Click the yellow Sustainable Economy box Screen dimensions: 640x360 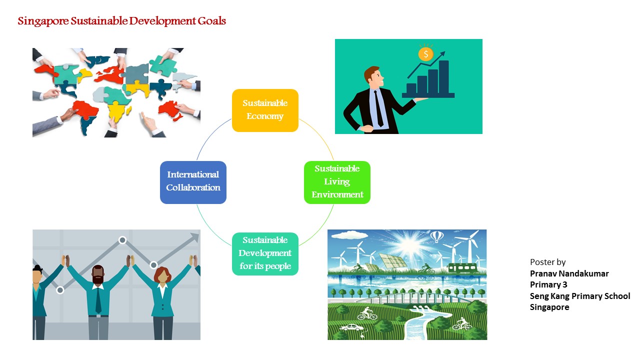(265, 110)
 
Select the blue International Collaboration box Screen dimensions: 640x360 (193, 182)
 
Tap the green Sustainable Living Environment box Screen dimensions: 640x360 (337, 182)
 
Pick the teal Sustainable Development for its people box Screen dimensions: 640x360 (265, 254)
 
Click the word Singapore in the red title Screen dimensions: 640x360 (43, 21)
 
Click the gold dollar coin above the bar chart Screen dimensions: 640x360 (425, 54)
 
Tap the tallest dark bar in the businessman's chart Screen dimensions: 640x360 (443, 77)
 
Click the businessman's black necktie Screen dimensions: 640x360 (378, 108)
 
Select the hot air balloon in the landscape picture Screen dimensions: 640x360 (437, 237)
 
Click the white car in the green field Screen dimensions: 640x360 (351, 327)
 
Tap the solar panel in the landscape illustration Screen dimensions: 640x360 (392, 261)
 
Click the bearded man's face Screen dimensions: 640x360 (98, 275)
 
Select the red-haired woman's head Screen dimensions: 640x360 (162, 275)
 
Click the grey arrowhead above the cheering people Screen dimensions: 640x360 (194, 237)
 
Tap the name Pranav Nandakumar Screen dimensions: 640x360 (569, 273)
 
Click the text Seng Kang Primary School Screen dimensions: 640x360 (580, 296)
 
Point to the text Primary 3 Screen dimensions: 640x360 (548, 284)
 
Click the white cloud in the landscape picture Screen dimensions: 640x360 (350, 235)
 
